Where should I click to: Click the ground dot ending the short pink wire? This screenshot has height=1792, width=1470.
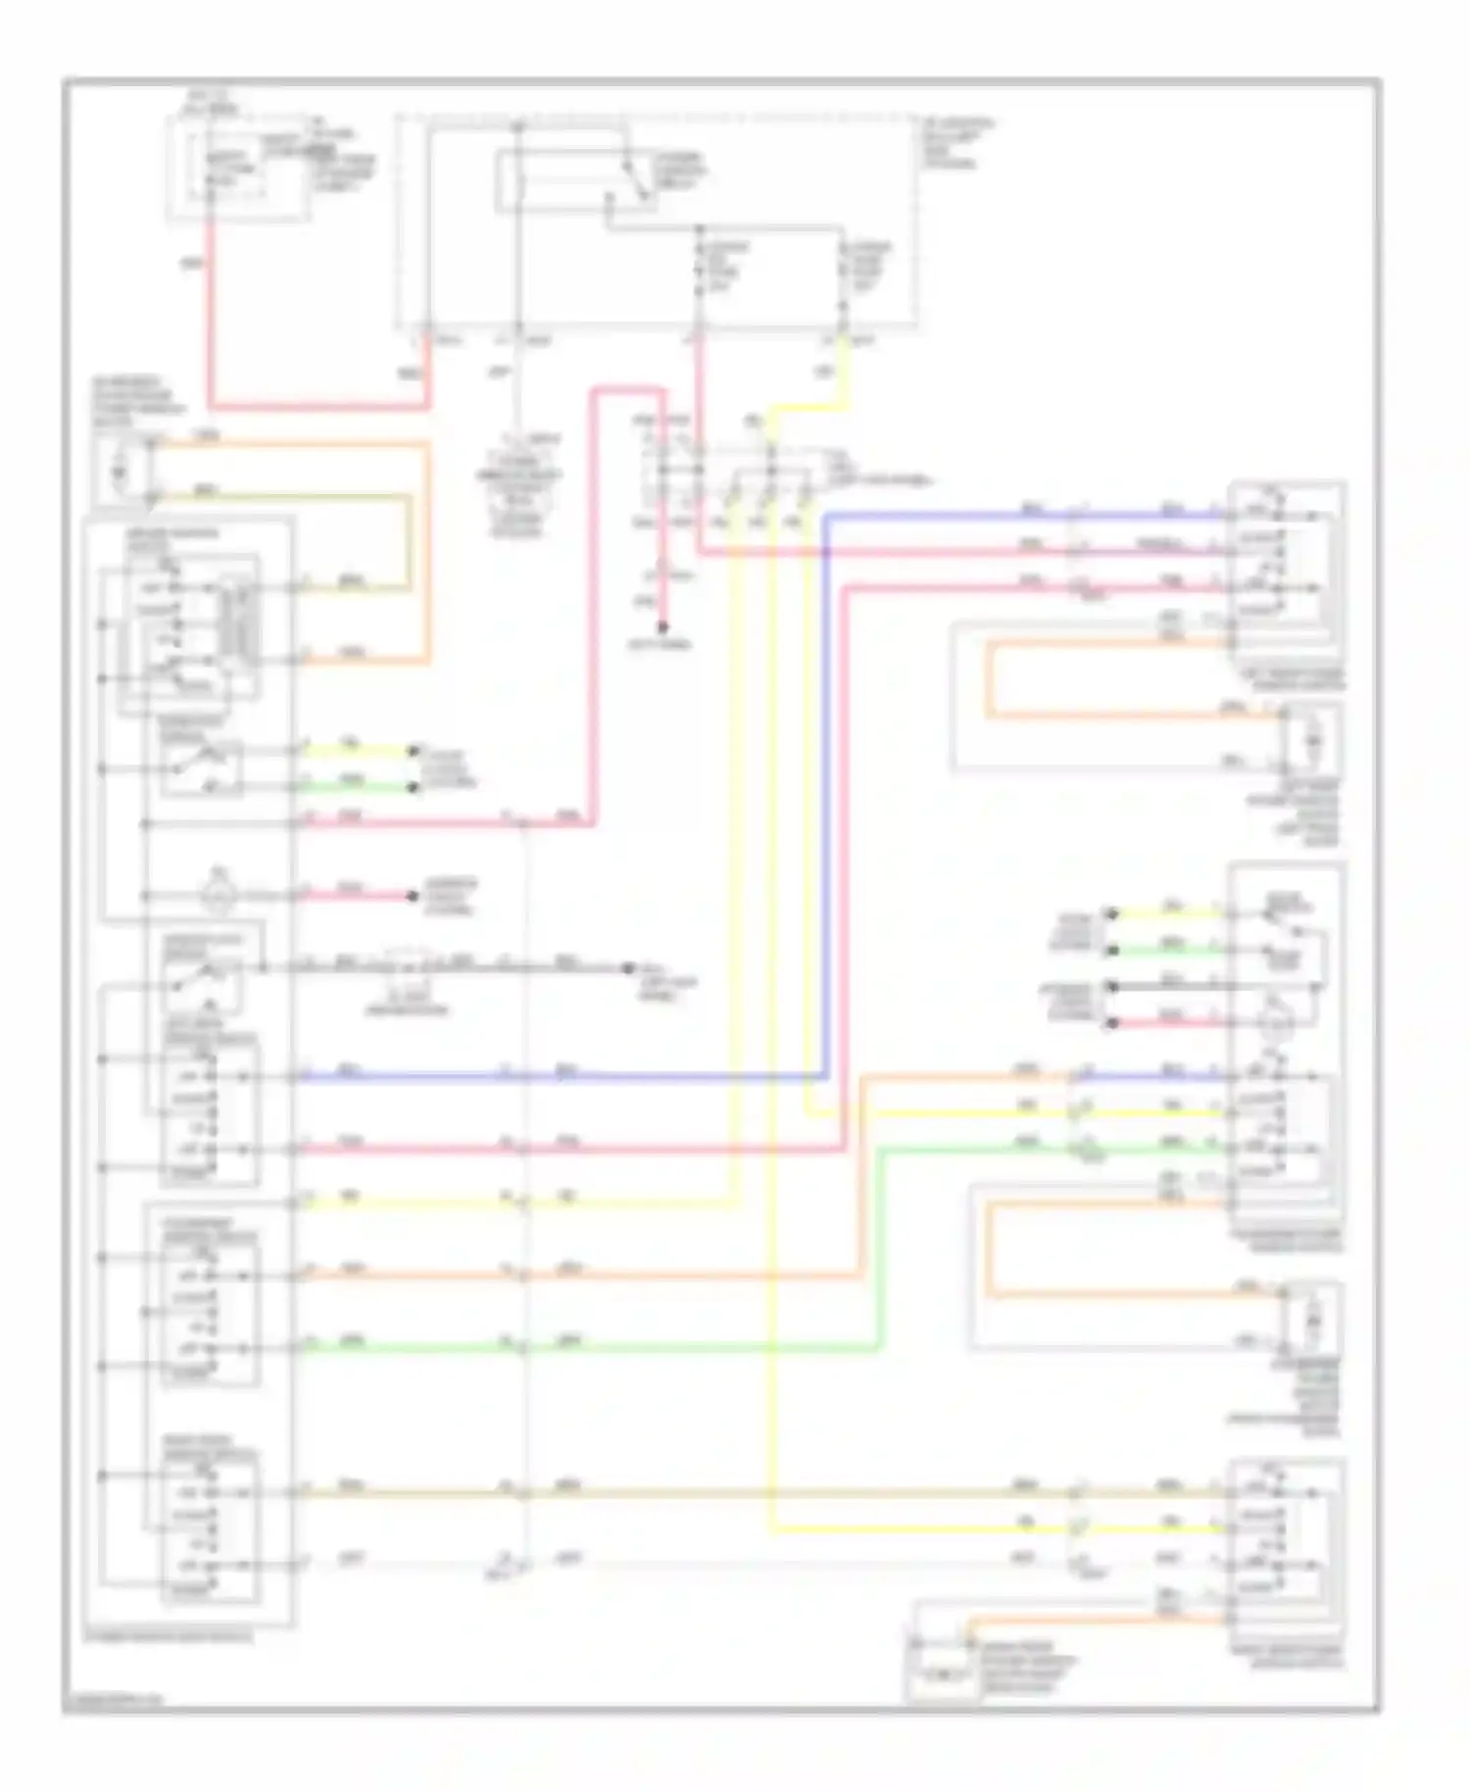(x=662, y=627)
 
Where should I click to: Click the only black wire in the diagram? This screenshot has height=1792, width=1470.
(x=1166, y=986)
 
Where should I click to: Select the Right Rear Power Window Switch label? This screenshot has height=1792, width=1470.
(x=1288, y=1658)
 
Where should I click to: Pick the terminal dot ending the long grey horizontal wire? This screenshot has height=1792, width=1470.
(x=629, y=969)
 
